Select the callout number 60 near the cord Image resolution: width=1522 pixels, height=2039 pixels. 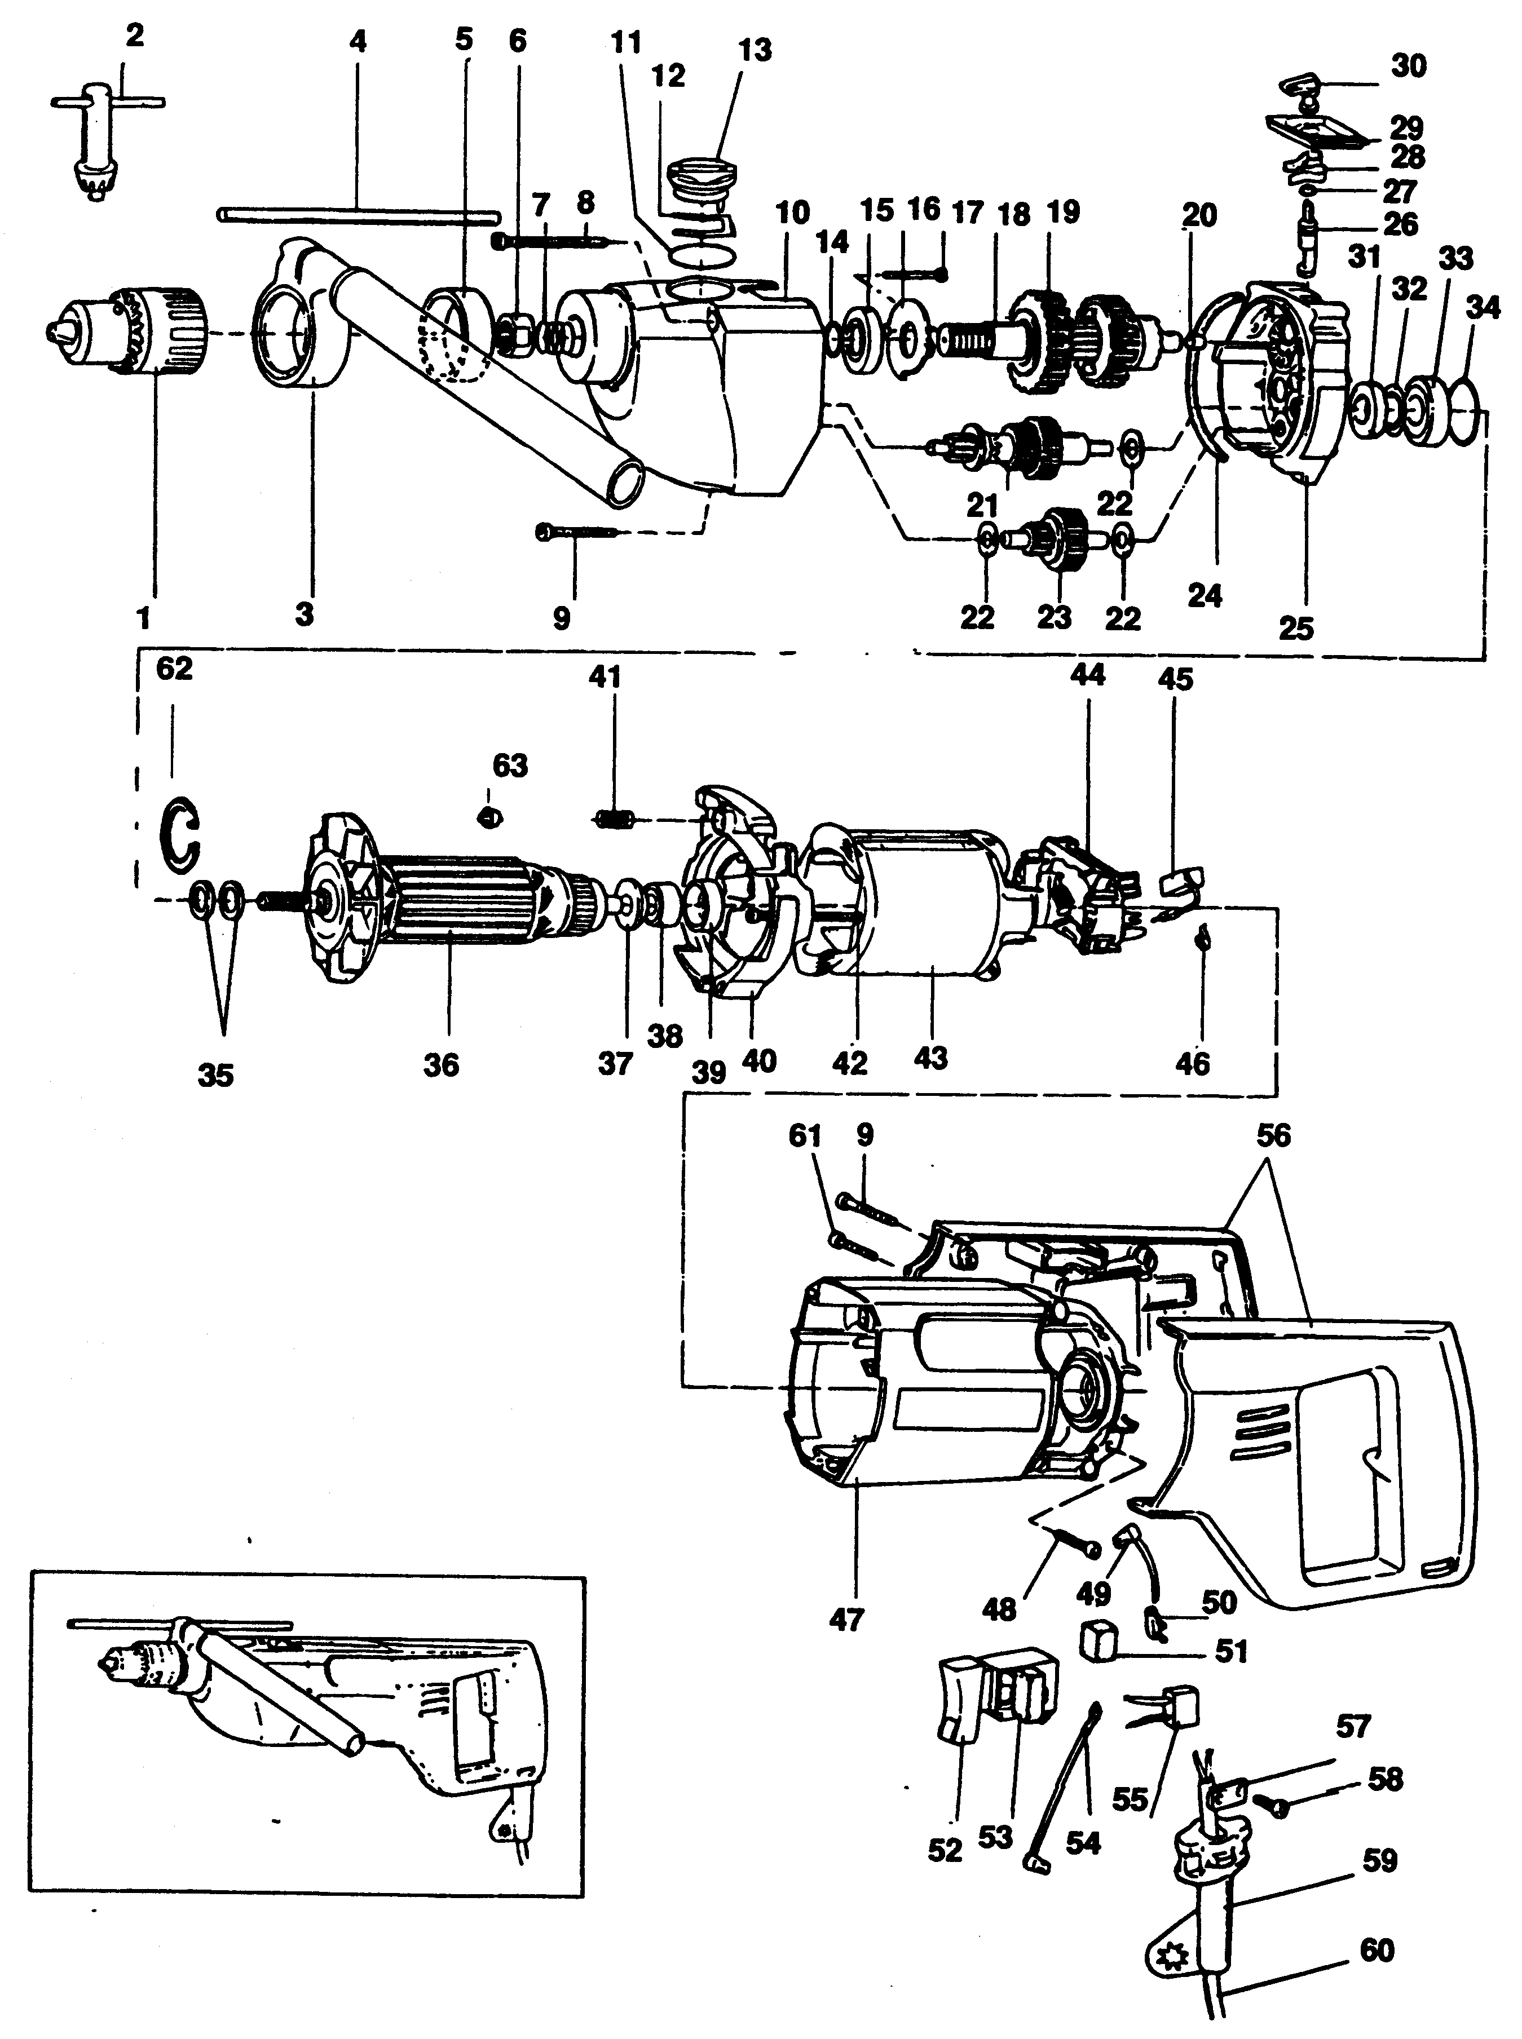pyautogui.click(x=1377, y=1946)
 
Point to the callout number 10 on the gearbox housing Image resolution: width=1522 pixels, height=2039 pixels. pyautogui.click(x=791, y=214)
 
